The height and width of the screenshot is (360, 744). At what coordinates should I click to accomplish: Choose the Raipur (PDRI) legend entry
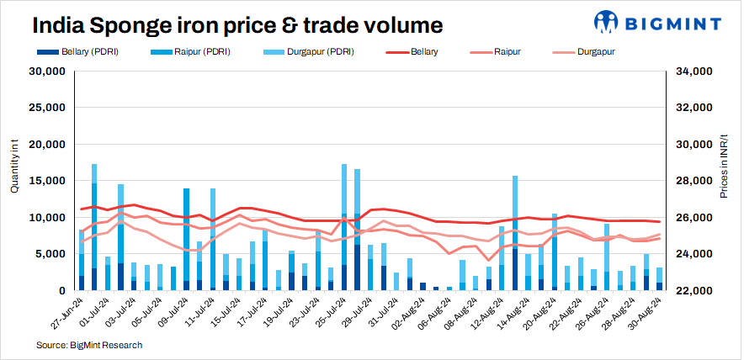pos(203,52)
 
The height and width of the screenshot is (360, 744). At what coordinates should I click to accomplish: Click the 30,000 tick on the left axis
pos(47,71)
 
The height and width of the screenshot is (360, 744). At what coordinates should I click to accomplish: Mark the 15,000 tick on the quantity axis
pos(47,181)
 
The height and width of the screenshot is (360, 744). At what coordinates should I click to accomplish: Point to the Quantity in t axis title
pos(14,168)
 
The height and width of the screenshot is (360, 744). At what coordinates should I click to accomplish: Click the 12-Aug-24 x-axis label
pos(486,313)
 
